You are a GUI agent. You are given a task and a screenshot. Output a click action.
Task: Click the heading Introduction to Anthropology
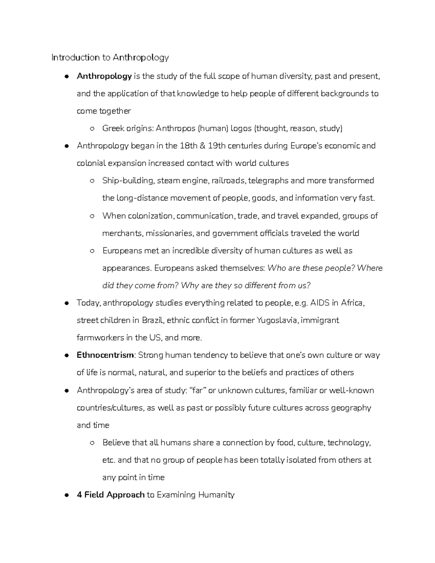tap(110, 58)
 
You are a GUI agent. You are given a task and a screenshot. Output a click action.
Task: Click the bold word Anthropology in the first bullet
tap(104, 76)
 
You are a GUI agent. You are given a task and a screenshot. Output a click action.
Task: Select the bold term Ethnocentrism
tap(105, 355)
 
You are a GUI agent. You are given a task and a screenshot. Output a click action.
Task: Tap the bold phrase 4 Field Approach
tap(111, 495)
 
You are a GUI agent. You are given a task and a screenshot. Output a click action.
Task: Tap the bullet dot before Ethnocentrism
tap(66, 356)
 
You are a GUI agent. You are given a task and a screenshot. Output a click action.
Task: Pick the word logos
tap(241, 128)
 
